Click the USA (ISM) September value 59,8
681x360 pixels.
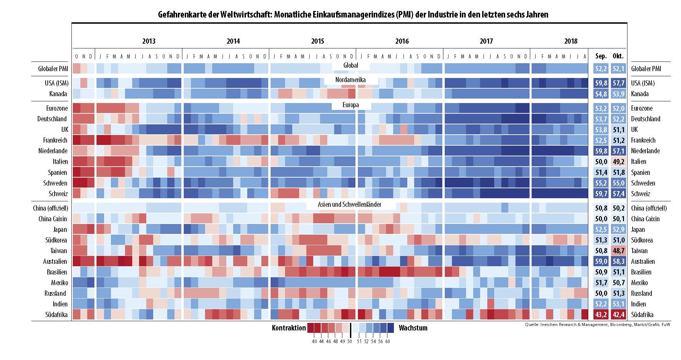tap(601, 83)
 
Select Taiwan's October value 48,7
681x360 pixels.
tap(618, 251)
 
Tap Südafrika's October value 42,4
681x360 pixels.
tap(618, 315)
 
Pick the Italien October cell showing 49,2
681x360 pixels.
tap(618, 161)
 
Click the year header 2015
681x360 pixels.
tap(317, 41)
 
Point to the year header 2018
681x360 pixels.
tap(571, 41)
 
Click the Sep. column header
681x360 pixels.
tap(601, 56)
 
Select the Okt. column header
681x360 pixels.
tap(618, 56)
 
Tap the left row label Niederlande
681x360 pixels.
tap(53, 151)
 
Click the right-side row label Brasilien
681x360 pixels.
tap(641, 272)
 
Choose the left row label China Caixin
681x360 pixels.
tap(53, 219)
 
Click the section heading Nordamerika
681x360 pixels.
tap(350, 80)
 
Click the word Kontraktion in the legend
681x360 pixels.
tap(288, 328)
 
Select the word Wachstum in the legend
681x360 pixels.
tap(413, 328)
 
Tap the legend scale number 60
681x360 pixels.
tap(388, 341)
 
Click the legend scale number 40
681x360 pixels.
tap(314, 341)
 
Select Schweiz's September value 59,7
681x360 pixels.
tap(601, 194)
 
